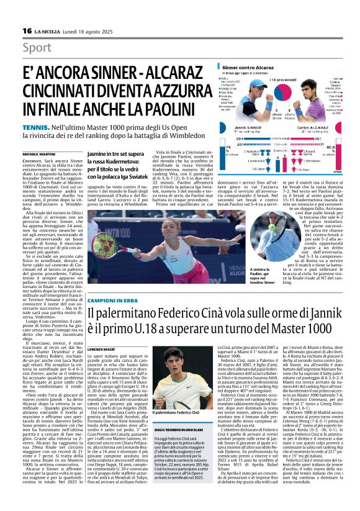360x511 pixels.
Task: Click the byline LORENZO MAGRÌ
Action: [102, 343]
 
